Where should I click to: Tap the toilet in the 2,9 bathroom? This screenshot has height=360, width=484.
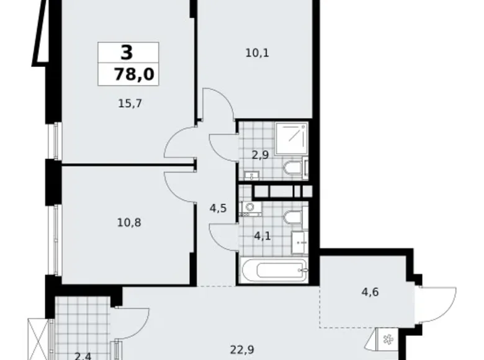tap(292, 168)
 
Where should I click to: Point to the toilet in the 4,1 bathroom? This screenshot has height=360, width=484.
tap(292, 217)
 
